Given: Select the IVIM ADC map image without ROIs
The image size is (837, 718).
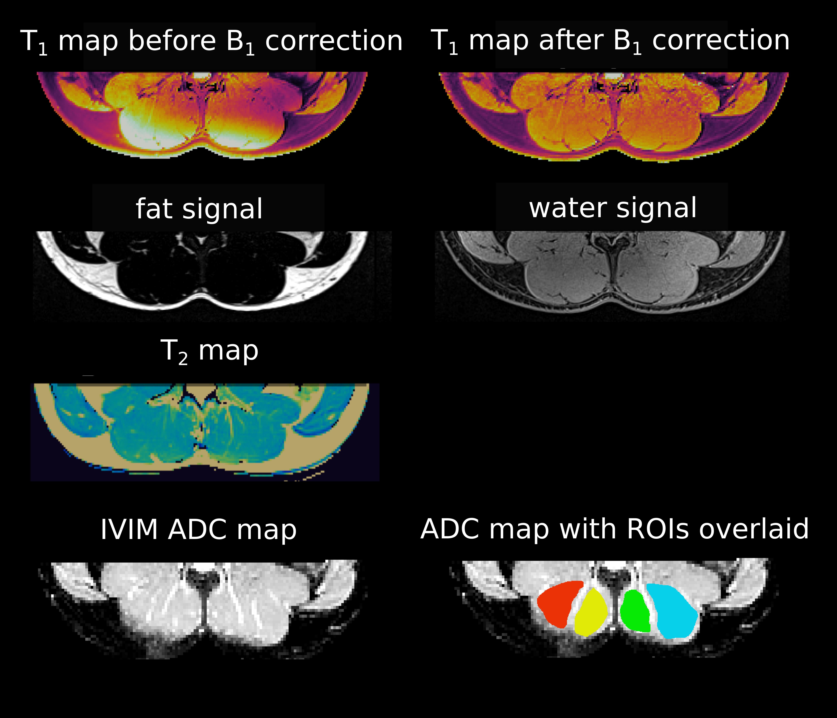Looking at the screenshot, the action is (202, 606).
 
